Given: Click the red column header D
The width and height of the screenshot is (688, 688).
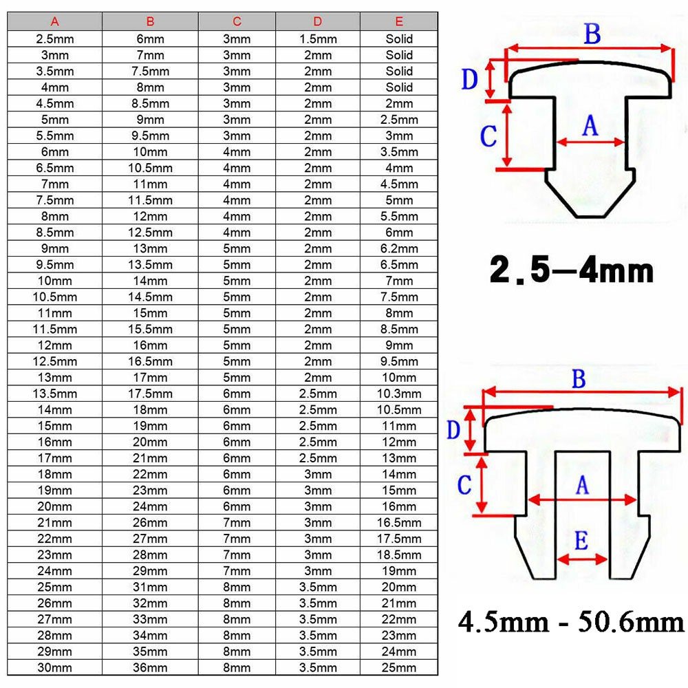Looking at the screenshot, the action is pos(318,21).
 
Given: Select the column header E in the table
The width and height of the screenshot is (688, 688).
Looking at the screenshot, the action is pos(399,21).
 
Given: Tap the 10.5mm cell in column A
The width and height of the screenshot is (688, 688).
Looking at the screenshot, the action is pos(55,297).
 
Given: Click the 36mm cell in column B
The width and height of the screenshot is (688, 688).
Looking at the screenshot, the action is pos(150,668).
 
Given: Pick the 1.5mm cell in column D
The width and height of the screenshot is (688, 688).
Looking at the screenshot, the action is pos(318,39).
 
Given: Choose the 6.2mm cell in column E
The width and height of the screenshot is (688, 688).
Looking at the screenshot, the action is pos(399,249).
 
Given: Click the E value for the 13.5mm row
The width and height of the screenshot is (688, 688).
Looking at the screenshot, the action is pos(399,394).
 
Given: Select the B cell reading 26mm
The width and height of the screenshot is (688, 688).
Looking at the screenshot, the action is pos(150,523).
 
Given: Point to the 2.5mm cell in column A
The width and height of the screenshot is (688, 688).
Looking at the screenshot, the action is pos(55,39).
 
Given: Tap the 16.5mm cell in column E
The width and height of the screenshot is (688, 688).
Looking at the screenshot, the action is pos(399,523).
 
